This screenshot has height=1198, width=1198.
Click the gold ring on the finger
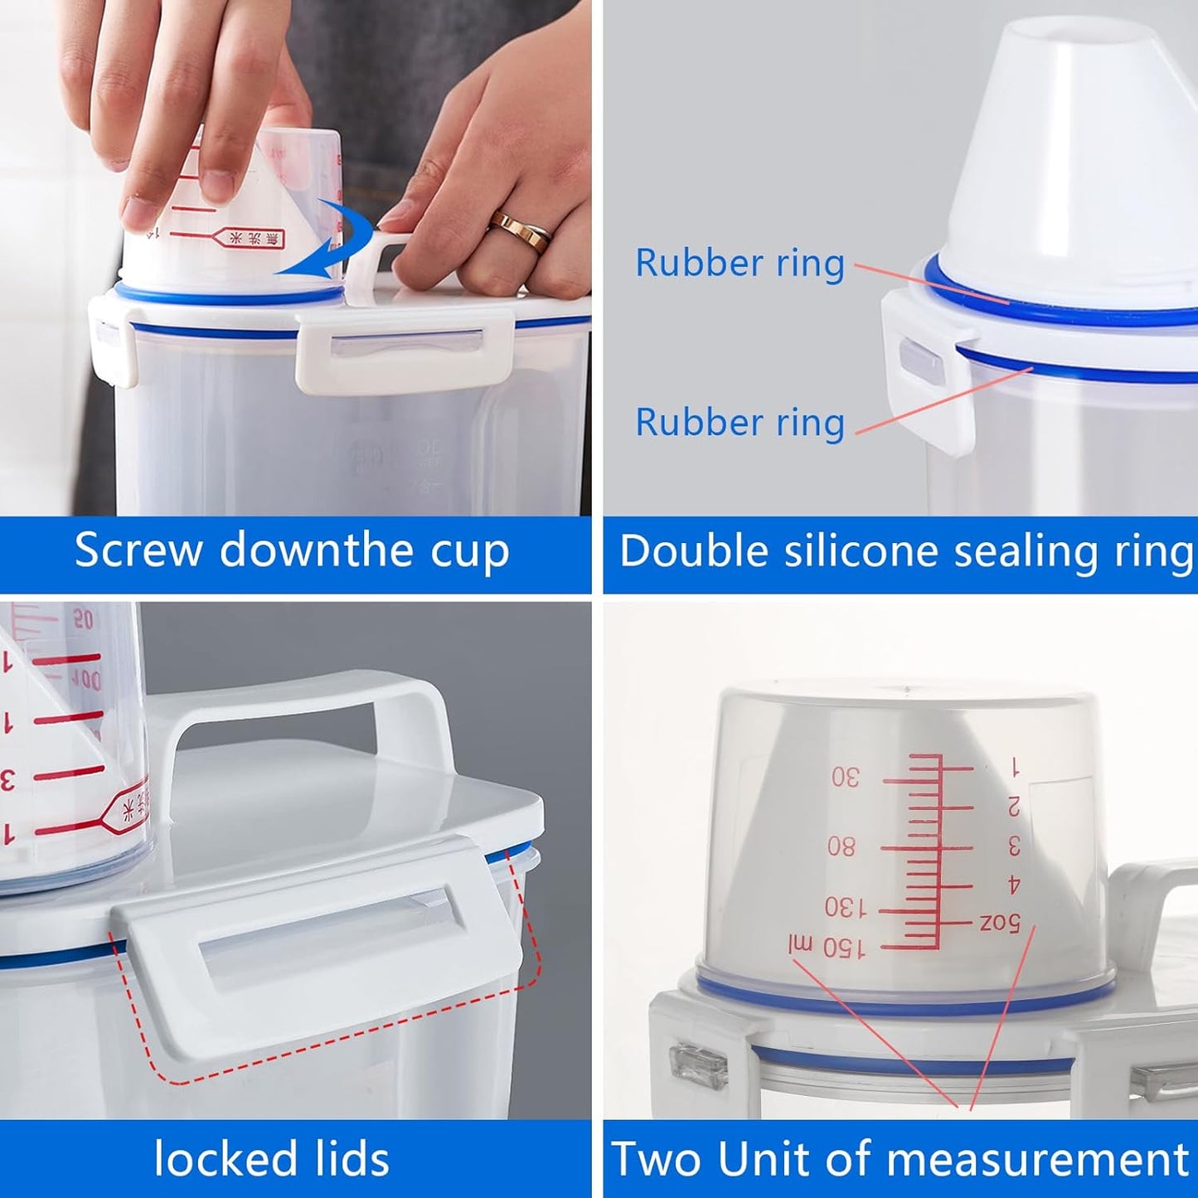[x=520, y=230]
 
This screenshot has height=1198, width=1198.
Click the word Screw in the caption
[x=138, y=550]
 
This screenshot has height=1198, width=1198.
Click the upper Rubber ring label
[x=740, y=264]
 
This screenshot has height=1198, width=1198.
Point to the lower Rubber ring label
[x=740, y=422]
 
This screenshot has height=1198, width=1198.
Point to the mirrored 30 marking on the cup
[x=846, y=777]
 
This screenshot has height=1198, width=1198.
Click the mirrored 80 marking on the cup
[x=842, y=846]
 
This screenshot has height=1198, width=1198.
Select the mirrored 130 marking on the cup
[x=845, y=909]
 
